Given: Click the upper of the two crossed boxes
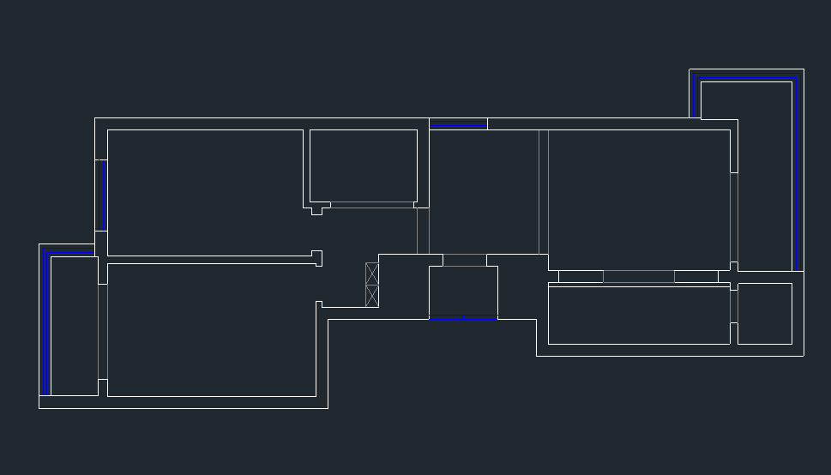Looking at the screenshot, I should click(372, 274).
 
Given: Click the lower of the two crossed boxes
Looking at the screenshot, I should click(372, 296).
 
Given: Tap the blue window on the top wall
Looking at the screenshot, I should click(458, 125).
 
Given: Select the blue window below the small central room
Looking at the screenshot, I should click(463, 319).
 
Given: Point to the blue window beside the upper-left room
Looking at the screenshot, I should click(104, 195).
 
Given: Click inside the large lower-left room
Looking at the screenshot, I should click(211, 330).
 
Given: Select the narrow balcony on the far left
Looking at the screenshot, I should click(74, 326).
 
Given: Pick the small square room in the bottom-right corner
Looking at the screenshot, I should click(764, 314).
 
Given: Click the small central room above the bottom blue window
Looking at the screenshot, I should click(463, 292).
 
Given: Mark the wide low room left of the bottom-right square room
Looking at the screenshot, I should click(638, 315).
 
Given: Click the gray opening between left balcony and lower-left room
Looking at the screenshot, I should click(103, 331).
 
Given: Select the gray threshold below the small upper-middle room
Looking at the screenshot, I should click(371, 205).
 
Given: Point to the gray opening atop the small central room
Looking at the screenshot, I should click(464, 260).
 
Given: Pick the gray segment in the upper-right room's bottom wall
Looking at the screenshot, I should click(639, 276).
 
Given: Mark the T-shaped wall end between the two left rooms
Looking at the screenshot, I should click(316, 257).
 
